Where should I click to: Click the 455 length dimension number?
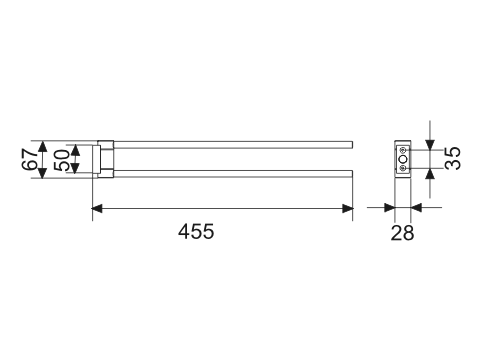196,231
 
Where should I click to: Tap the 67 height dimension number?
30,159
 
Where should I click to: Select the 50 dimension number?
62,160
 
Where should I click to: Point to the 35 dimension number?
453,158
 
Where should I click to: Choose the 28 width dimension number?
402,233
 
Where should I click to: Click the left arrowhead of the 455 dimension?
97,209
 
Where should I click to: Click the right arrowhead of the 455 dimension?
348,209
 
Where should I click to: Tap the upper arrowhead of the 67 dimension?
42,146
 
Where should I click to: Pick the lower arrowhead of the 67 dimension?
42,173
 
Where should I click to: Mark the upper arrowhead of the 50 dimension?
76,150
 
